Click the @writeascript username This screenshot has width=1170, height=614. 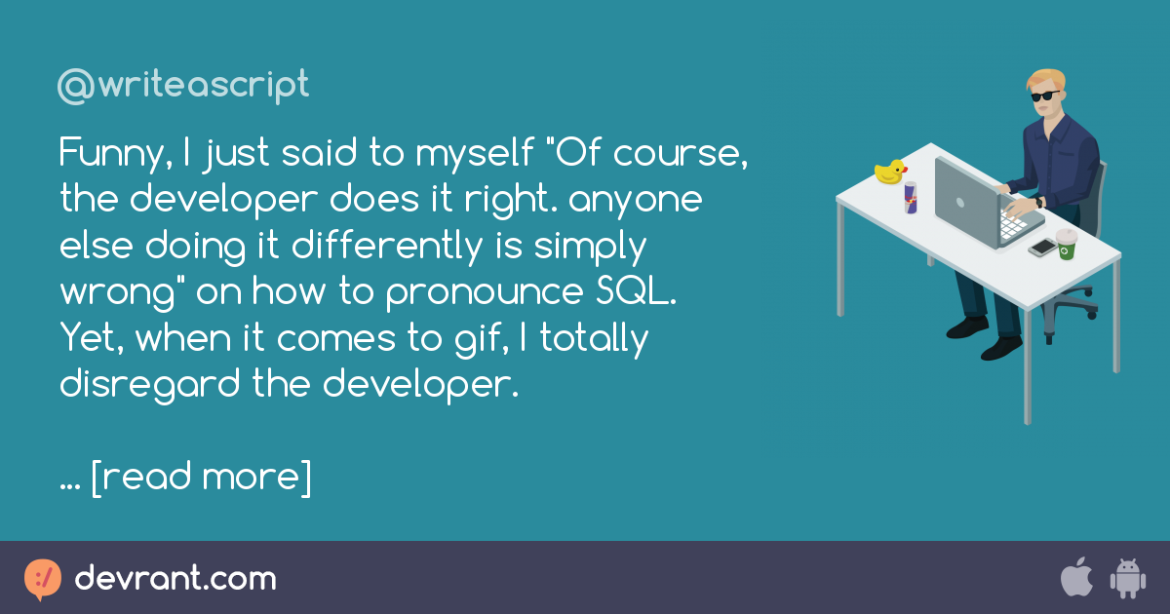coord(183,87)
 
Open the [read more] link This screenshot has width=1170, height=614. coord(201,477)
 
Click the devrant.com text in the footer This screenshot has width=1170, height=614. coord(175,579)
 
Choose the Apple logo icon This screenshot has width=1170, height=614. coord(1075,578)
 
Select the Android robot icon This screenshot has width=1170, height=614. coord(1127,578)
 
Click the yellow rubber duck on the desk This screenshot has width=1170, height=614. coord(890,173)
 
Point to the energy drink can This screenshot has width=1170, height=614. coord(911,197)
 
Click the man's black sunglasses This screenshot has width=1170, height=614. coord(1043,96)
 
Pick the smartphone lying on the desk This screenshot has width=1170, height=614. coord(1042,248)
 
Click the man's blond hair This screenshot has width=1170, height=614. coord(1045,77)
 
